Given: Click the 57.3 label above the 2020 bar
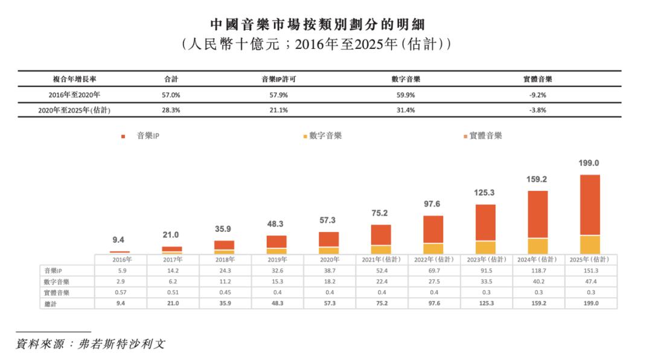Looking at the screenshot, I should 329,220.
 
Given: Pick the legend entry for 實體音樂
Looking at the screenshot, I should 483,136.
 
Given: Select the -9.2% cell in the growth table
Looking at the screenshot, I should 537,95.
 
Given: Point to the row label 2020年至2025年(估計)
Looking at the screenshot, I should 74,111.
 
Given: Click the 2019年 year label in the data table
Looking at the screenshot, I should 276,259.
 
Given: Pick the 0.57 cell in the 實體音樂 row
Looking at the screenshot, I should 120,293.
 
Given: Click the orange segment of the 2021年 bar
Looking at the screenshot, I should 381,234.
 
